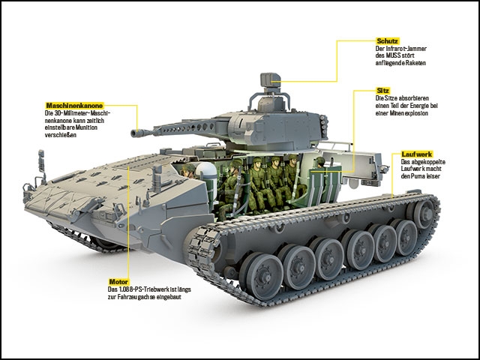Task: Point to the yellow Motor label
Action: [x=119, y=281]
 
